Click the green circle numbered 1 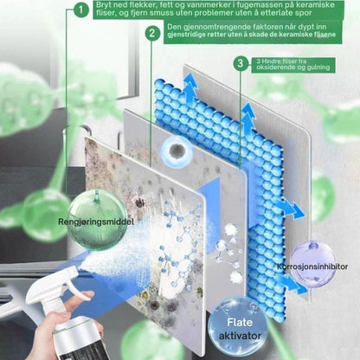point(81,10)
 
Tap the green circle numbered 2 point(151,33)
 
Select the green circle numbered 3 point(241,64)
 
